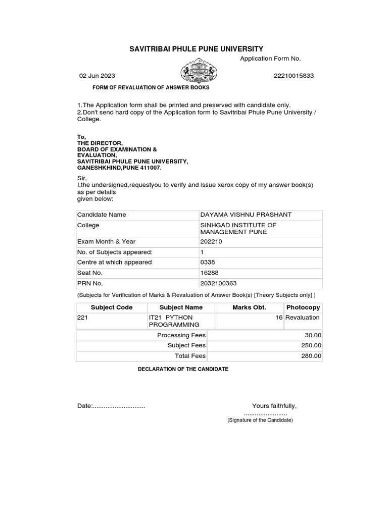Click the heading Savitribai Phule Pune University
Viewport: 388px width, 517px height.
tap(197, 49)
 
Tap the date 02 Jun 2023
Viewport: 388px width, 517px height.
tap(97, 76)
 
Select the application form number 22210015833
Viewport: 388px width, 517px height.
tap(294, 76)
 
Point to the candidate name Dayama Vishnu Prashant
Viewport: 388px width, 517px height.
tap(246, 215)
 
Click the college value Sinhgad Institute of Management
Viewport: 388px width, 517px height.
tap(238, 229)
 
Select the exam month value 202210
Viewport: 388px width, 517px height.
tap(211, 241)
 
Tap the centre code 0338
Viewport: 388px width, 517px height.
tap(208, 262)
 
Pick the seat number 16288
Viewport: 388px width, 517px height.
tap(209, 273)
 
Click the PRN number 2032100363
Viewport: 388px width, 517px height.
tap(218, 283)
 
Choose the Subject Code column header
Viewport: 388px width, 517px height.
tap(112, 307)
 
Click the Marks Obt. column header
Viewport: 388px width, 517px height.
tap(249, 307)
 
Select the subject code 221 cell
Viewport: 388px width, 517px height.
tap(82, 318)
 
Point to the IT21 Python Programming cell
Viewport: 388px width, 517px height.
tap(174, 321)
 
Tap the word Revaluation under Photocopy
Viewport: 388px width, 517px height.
tap(302, 318)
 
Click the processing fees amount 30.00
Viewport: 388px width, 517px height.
tap(312, 335)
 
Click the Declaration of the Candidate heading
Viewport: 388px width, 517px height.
tap(183, 369)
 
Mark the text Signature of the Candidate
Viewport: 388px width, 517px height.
tap(260, 420)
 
